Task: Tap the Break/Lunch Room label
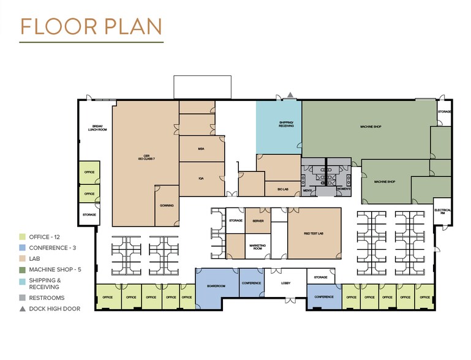94,128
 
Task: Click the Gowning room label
167,206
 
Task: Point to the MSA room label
200,148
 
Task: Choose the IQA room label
200,178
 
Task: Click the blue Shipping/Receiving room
279,127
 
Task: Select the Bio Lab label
282,190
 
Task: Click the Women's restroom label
343,190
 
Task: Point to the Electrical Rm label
443,211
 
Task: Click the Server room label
258,220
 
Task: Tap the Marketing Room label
257,247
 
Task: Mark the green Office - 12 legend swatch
23,237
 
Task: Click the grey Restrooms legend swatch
23,298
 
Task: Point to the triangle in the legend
23,309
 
